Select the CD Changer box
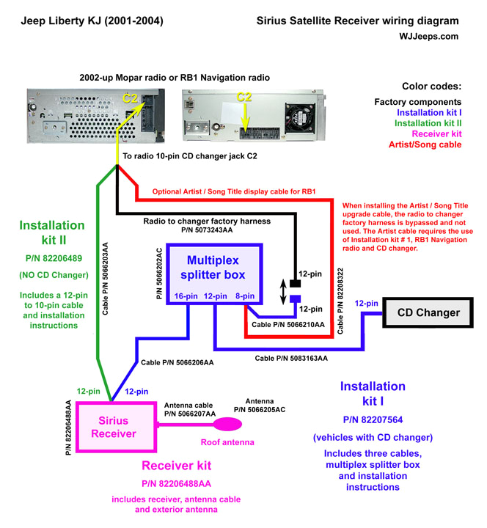click(428, 312)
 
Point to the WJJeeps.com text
click(430, 35)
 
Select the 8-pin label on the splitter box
click(246, 296)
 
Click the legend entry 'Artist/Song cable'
click(425, 144)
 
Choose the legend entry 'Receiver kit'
click(436, 133)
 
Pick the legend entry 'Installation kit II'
click(428, 123)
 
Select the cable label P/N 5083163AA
click(291, 358)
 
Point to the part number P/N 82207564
click(373, 419)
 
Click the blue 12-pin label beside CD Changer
click(367, 302)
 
